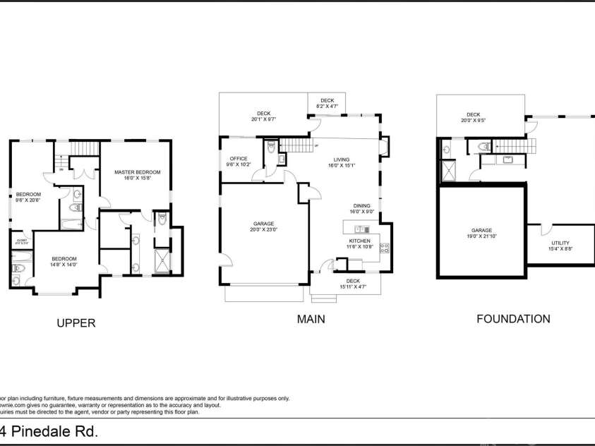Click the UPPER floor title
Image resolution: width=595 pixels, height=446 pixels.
[76, 323]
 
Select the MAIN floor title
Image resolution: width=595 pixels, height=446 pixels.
[311, 319]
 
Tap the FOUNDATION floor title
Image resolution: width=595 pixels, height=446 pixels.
[513, 319]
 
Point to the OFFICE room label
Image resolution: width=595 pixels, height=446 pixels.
[239, 159]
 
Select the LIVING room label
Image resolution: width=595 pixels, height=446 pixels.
[342, 160]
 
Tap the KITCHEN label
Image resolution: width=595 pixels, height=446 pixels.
[359, 241]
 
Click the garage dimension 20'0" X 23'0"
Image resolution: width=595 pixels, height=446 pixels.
[264, 229]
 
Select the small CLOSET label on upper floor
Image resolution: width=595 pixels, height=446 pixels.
[21, 241]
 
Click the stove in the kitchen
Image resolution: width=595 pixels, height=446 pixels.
[385, 248]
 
